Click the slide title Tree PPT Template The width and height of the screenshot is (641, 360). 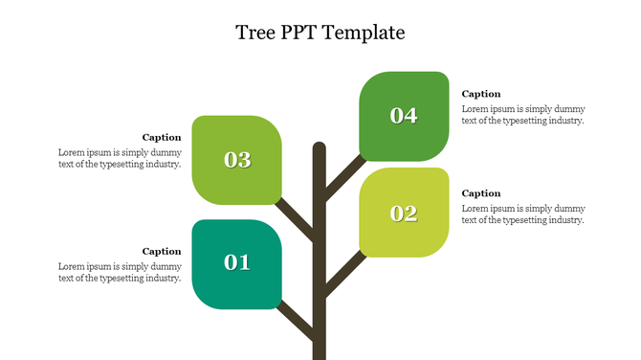click(x=320, y=33)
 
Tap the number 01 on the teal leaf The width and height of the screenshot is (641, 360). click(x=236, y=261)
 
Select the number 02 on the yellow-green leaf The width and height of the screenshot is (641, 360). click(x=404, y=214)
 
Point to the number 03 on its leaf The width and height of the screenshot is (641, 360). click(x=236, y=160)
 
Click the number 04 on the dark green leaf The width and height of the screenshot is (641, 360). click(x=404, y=116)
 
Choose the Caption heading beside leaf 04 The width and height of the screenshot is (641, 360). click(x=481, y=94)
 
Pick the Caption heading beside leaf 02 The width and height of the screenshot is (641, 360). click(x=481, y=193)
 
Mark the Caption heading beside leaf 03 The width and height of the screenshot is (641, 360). click(x=162, y=137)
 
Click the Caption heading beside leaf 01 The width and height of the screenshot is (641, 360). click(x=162, y=251)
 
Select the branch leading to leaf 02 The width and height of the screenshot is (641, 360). click(x=343, y=274)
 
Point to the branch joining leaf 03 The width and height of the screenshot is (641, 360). click(x=296, y=221)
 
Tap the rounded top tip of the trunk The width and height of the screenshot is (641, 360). click(x=320, y=147)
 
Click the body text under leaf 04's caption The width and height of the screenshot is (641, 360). click(x=523, y=114)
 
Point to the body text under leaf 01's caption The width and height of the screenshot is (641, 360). click(x=120, y=272)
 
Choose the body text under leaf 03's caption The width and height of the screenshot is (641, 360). click(x=120, y=158)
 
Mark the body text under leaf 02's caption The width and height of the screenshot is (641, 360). click(x=523, y=214)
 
